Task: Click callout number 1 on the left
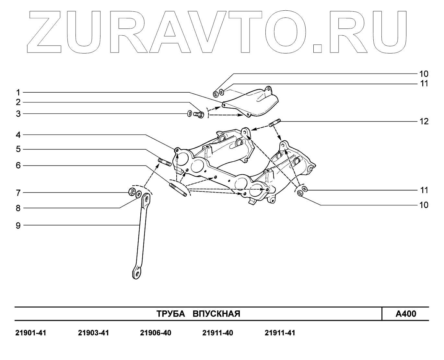[18, 92]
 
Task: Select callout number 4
[18, 134]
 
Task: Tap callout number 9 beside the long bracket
[18, 225]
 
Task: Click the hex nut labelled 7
[132, 192]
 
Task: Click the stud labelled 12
[275, 123]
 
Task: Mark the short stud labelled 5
[165, 162]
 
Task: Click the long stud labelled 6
[178, 190]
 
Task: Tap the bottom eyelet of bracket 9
[137, 273]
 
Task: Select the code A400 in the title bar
[406, 314]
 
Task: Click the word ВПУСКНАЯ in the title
[216, 314]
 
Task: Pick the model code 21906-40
[156, 333]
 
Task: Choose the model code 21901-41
[31, 333]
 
